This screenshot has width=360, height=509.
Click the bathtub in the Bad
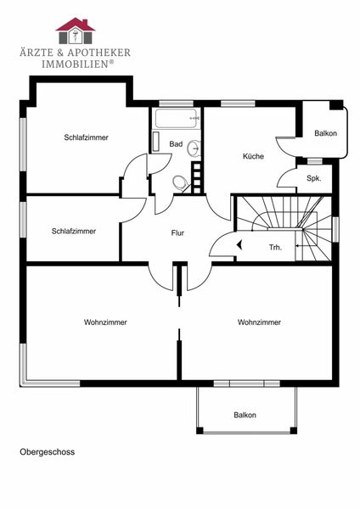tap(177, 118)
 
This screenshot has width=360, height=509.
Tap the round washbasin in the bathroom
tap(194, 148)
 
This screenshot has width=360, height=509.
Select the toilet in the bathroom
tap(180, 183)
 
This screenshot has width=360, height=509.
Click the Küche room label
tap(253, 156)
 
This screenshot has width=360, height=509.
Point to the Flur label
tap(177, 232)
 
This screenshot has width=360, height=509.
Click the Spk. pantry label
tap(314, 178)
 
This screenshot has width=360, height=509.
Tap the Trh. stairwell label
tap(276, 248)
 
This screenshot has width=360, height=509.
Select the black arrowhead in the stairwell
tap(239, 245)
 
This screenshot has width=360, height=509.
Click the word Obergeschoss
tap(47, 452)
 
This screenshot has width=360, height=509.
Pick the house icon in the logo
tap(76, 31)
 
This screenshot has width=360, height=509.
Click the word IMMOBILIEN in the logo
tap(75, 64)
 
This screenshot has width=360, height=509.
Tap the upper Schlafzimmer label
tap(86, 137)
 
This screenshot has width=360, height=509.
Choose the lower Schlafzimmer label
tap(74, 231)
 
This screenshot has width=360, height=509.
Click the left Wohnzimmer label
tap(105, 322)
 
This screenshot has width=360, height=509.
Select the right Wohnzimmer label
tap(259, 322)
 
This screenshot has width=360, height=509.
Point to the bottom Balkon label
tap(245, 415)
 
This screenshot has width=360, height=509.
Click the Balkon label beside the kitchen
tap(325, 133)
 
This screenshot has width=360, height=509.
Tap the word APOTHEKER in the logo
tap(98, 53)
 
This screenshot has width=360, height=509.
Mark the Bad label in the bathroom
tap(176, 144)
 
